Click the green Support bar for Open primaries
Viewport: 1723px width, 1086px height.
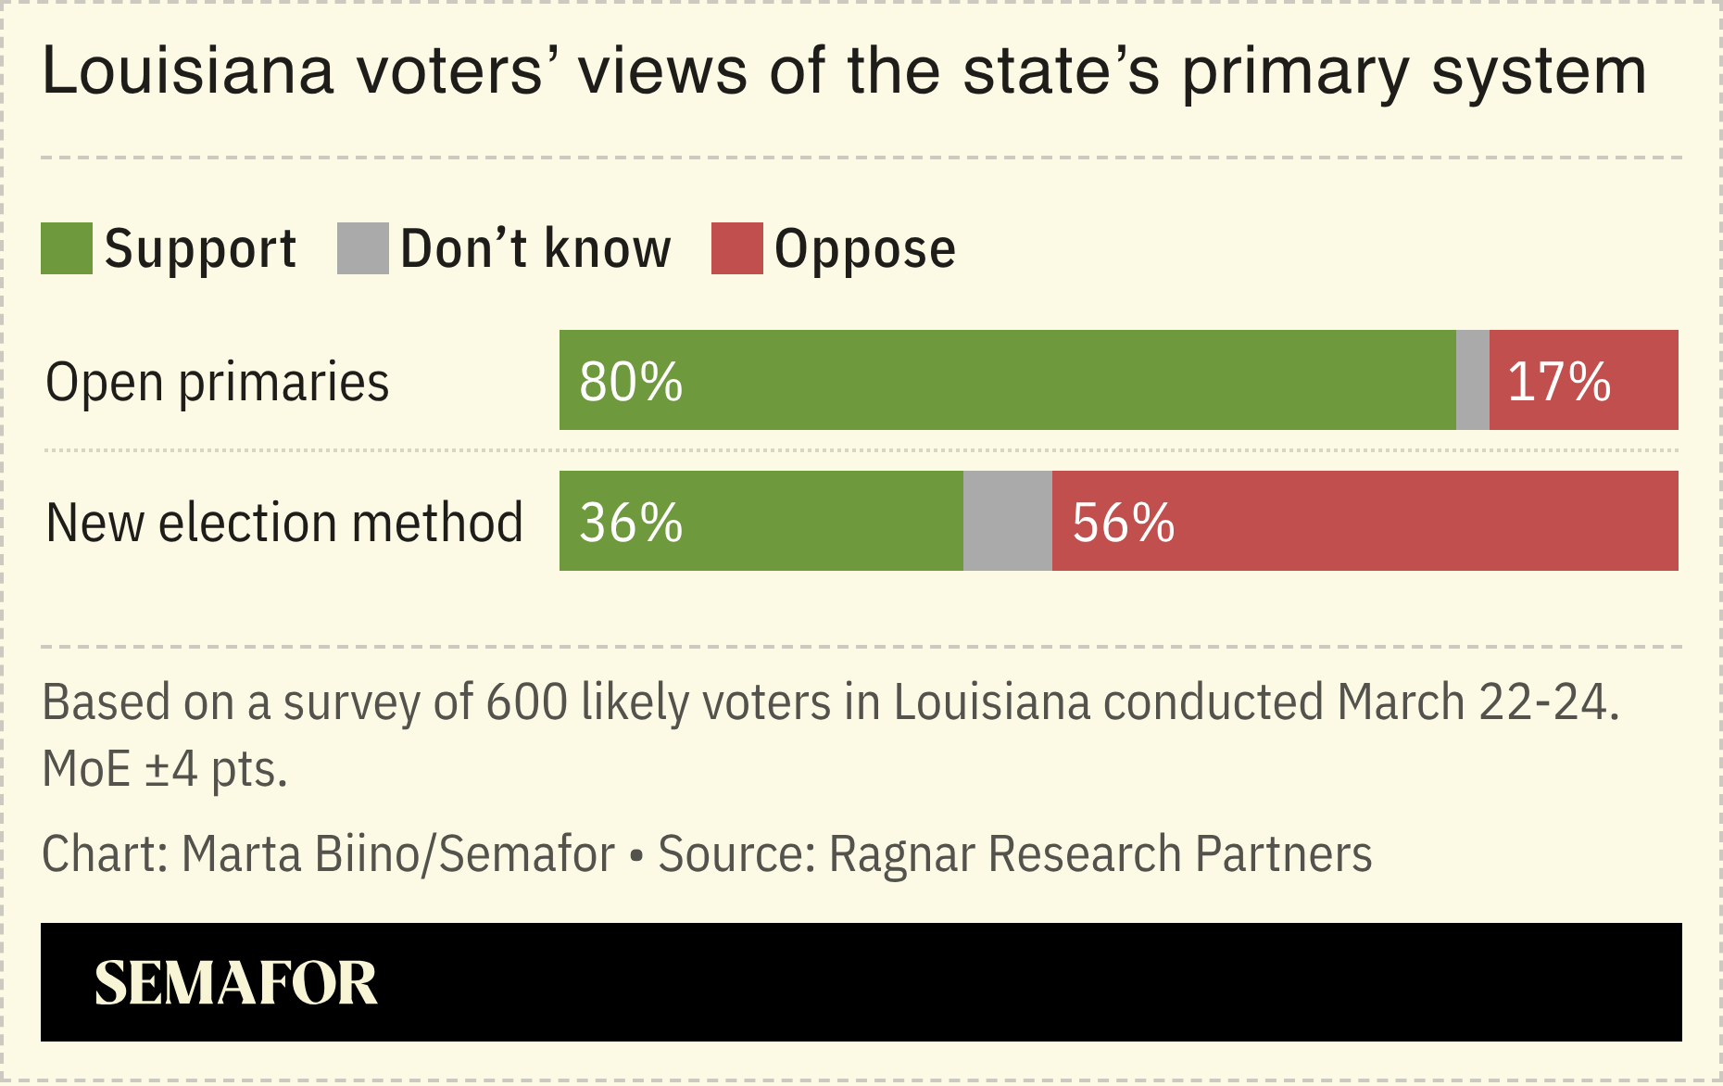[1007, 380]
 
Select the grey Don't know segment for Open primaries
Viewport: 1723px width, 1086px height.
[1472, 380]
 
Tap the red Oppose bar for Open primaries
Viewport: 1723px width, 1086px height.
[1583, 380]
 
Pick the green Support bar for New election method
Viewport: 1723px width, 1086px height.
[761, 521]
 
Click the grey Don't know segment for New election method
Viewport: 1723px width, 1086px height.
[1007, 521]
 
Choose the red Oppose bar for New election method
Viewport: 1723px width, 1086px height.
[1365, 521]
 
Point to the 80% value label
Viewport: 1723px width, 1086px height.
[631, 381]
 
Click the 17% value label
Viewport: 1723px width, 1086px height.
[1559, 381]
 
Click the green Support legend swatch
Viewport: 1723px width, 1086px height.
[67, 248]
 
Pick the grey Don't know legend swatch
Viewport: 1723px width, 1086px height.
[362, 248]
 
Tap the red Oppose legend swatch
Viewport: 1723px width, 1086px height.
[736, 248]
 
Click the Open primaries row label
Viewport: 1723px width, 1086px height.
[218, 382]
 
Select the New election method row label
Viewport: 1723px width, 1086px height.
[284, 523]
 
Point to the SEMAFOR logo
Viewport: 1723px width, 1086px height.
[236, 982]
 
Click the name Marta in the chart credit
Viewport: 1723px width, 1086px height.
[241, 853]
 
